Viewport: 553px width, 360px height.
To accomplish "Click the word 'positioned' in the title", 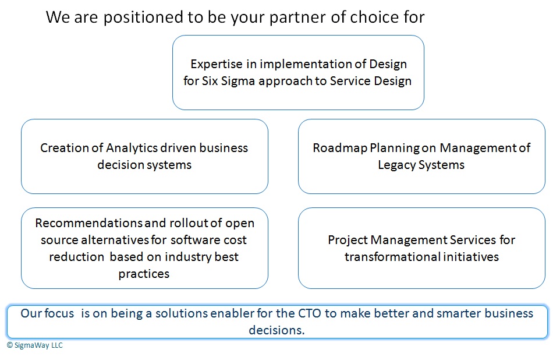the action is tap(143, 18).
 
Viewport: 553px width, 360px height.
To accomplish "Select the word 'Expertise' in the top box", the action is tap(217, 65).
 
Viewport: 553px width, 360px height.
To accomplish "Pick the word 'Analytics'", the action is tap(132, 148).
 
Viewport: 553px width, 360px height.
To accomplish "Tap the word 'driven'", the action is tap(178, 148).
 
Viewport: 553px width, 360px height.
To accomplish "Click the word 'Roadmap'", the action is tap(340, 148).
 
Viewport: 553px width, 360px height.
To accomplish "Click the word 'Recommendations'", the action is tap(88, 223).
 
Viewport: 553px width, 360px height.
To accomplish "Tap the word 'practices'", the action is tap(144, 274).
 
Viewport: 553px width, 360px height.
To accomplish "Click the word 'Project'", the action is tap(348, 240).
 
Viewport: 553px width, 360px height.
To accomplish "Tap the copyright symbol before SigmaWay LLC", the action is tap(10, 345).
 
